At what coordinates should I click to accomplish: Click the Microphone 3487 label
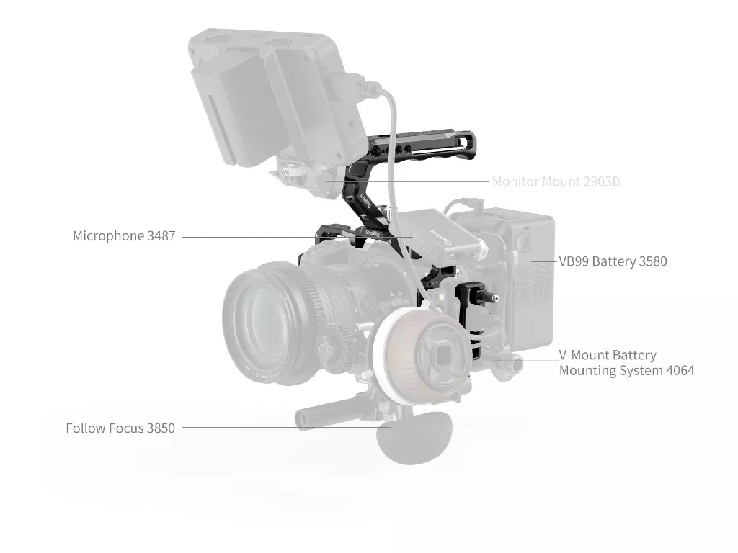124,235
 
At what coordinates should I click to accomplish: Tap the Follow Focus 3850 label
120,428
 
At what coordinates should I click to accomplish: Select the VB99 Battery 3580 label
613,261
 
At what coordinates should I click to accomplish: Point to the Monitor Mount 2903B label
556,181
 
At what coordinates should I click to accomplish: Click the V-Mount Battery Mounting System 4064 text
626,363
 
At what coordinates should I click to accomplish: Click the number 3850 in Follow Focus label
161,428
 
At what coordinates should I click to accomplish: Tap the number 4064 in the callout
680,371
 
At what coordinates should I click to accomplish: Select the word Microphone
108,235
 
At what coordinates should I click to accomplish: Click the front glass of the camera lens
264,320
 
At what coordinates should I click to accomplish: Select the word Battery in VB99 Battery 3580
614,261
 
